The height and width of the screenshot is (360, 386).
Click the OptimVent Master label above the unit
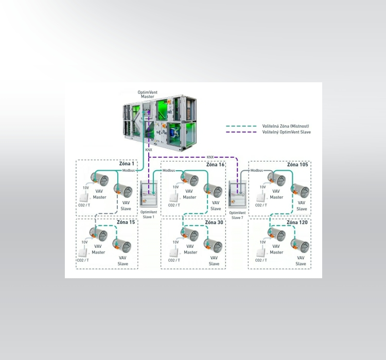coord(148,94)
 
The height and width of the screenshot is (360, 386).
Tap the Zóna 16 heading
coord(215,165)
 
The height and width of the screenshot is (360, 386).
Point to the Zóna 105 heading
coord(298,165)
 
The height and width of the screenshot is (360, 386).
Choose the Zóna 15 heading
coord(126,222)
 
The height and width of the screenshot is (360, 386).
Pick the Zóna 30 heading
coord(214,222)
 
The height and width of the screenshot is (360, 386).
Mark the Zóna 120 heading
coord(297,222)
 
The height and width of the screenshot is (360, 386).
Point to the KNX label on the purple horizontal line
coord(210,157)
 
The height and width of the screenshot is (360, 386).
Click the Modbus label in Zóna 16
coord(169,170)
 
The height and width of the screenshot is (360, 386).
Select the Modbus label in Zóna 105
coord(257,170)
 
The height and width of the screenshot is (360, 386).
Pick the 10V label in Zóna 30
coord(176,242)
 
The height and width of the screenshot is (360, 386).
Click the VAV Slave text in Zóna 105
coord(302,206)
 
